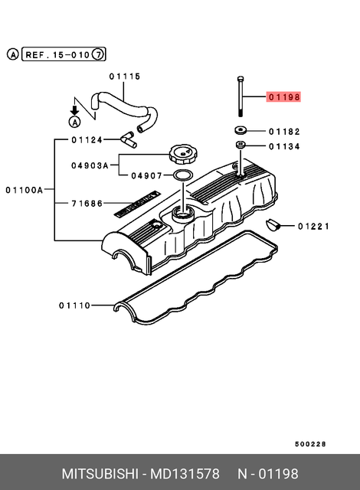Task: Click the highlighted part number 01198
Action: pyautogui.click(x=283, y=97)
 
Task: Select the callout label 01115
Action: pyautogui.click(x=124, y=76)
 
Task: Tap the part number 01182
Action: pyautogui.click(x=283, y=132)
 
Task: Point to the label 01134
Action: pyautogui.click(x=283, y=146)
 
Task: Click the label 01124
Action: pyautogui.click(x=87, y=139)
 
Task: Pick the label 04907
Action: pyautogui.click(x=146, y=175)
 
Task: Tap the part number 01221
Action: pyautogui.click(x=313, y=226)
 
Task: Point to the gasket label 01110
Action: pyautogui.click(x=74, y=305)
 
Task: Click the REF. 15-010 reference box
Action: pyautogui.click(x=58, y=54)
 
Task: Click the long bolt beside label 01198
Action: pyautogui.click(x=241, y=95)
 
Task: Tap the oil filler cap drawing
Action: pyautogui.click(x=183, y=155)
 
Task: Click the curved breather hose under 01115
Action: pyautogui.click(x=123, y=106)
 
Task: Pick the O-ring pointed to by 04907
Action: pyautogui.click(x=182, y=177)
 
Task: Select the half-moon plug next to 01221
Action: pyautogui.click(x=272, y=225)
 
